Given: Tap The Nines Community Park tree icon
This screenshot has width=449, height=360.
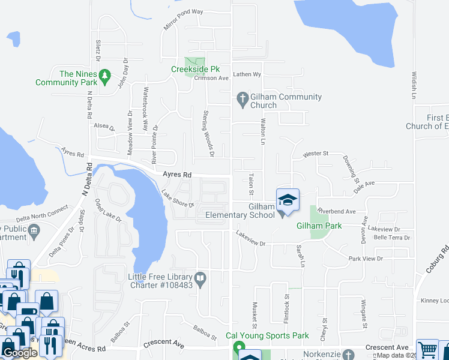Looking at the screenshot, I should pos(106,75).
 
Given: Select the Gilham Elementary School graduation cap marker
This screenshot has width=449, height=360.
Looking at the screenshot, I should pos(288,200).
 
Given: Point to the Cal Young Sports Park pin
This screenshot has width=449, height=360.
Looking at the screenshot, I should pos(239,348).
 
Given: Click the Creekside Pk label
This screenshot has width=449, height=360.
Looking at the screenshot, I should pos(193,69).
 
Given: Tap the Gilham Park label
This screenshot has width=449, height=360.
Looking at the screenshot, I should pos(319,226).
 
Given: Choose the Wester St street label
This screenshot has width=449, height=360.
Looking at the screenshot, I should pos(315,154).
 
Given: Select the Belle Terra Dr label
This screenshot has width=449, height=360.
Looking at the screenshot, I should pos(391,238).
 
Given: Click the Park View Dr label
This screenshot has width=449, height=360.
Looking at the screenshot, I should pos(366,259).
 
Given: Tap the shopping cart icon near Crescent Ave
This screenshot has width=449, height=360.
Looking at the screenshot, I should pos(427,349).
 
